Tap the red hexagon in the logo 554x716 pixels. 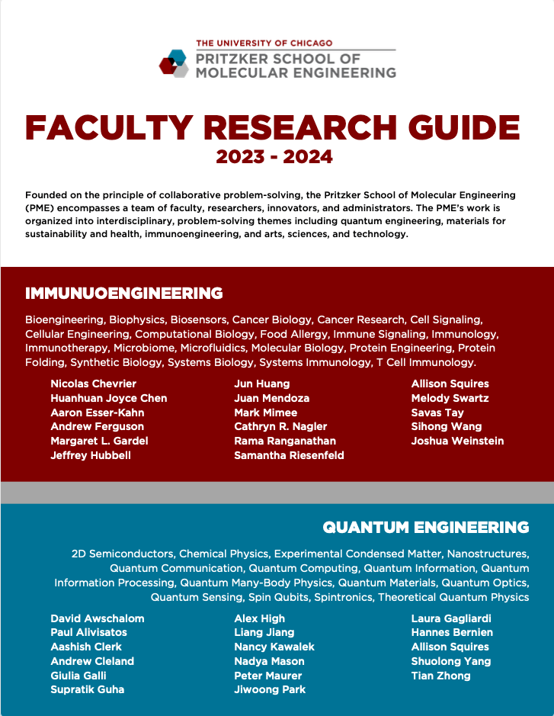168,66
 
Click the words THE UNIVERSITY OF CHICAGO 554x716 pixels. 264,43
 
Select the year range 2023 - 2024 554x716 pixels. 274,157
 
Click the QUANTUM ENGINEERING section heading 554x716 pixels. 425,527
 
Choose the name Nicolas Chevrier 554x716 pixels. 94,384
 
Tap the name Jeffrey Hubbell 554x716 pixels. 91,455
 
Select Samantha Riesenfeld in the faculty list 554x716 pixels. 289,455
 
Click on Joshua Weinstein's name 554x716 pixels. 457,441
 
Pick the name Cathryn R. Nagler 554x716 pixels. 280,426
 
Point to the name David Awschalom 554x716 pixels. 98,618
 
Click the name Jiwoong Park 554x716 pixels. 270,689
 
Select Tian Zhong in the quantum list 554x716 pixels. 440,676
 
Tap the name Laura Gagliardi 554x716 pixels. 451,618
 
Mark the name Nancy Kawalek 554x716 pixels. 274,647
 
